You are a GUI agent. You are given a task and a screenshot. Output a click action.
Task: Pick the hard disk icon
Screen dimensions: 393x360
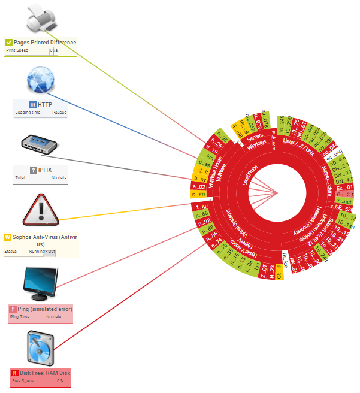pos(41,349)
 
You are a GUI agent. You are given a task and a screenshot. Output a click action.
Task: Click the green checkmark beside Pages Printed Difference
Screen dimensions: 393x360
pos(9,43)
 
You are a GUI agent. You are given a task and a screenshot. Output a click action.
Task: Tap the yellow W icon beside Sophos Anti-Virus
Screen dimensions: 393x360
pos(8,237)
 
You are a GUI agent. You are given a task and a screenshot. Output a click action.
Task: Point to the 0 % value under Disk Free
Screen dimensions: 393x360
pos(60,380)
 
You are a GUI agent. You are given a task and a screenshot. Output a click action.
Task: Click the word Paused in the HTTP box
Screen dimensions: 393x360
pos(59,112)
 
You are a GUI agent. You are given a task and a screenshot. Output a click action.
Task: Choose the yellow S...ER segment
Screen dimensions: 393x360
pos(198,195)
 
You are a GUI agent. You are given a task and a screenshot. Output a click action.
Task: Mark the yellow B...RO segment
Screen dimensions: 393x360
pos(279,276)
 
